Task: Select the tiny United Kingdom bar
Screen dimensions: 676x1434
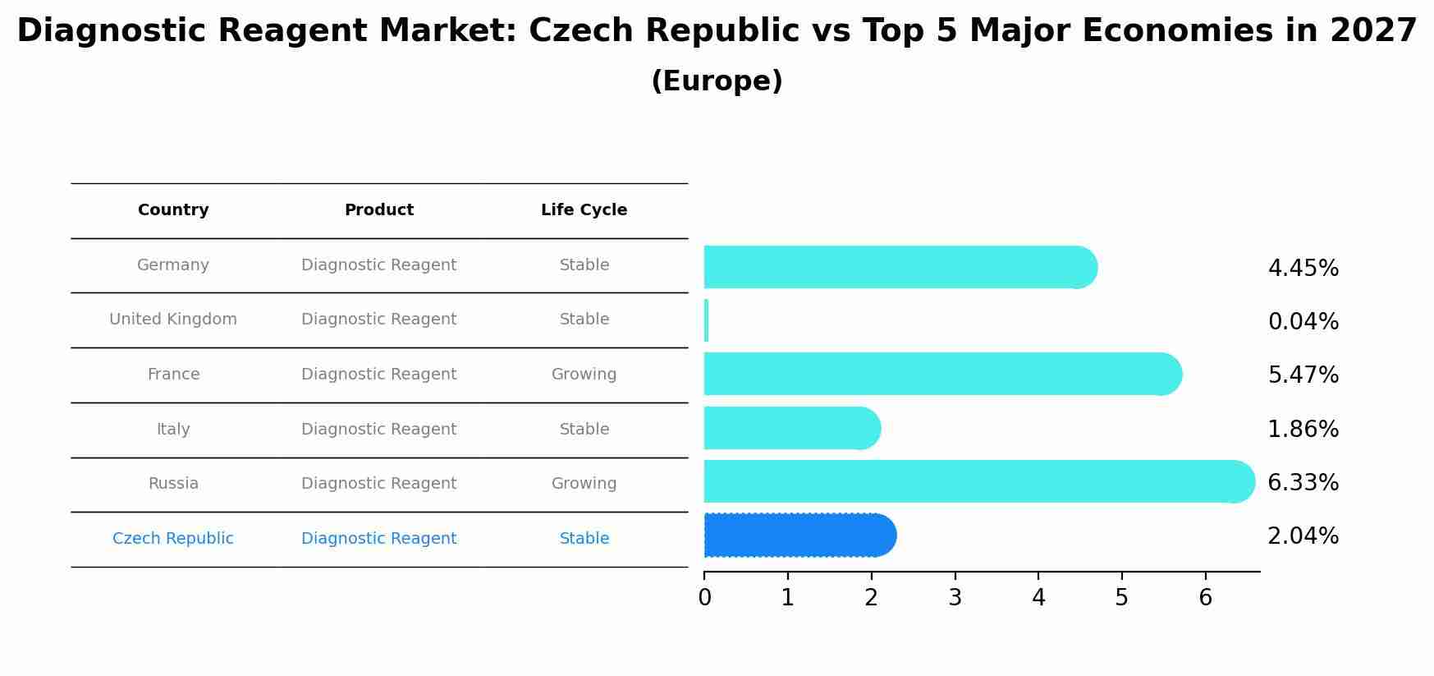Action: pos(706,320)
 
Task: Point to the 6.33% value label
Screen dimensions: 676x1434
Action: pos(1303,482)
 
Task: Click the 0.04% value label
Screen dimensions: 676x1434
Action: pos(1303,321)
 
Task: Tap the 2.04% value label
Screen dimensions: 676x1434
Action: pos(1303,536)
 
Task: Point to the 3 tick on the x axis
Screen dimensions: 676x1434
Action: pos(955,597)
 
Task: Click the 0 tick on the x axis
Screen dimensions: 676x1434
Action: pos(704,597)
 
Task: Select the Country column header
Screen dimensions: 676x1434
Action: pos(173,210)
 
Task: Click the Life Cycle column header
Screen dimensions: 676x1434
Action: pos(584,210)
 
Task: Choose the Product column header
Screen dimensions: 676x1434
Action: pos(378,210)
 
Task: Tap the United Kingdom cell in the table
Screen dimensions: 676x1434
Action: pos(173,320)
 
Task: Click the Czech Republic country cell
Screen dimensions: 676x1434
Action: pos(173,539)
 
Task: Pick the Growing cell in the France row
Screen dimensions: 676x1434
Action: pos(584,375)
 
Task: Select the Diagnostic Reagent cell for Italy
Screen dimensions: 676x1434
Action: pos(378,430)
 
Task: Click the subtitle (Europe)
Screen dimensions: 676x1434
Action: pos(717,81)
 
